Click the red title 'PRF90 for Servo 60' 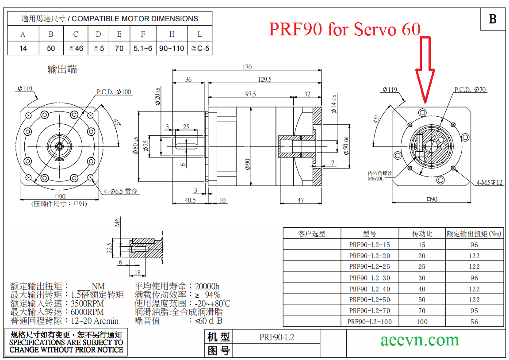[x=345, y=29]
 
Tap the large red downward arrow [x=425, y=69]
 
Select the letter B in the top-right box [x=493, y=19]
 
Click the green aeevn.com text [x=420, y=340]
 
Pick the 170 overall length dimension [x=247, y=67]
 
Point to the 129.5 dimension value [x=264, y=80]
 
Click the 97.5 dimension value [x=250, y=94]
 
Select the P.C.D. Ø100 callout [x=114, y=92]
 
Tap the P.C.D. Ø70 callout [x=470, y=90]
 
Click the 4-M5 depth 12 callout [x=489, y=183]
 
